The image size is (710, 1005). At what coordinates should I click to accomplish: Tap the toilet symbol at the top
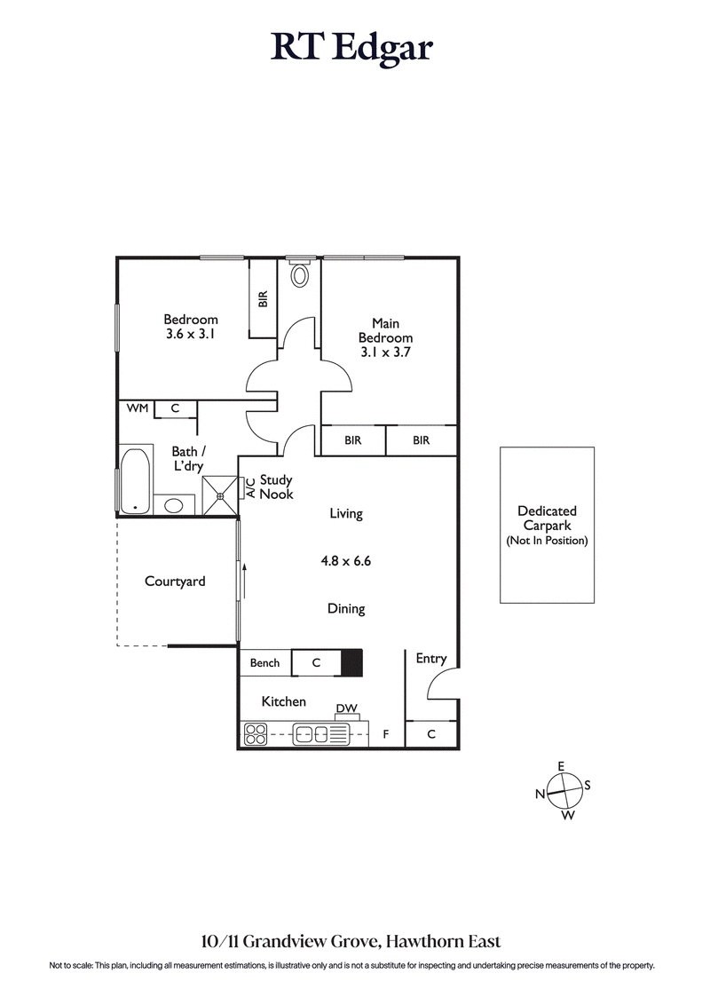point(300,274)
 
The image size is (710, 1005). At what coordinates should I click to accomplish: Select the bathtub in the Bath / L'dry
point(135,480)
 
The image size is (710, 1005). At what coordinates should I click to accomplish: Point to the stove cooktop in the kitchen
point(256,734)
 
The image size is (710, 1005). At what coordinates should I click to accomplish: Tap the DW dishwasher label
point(346,708)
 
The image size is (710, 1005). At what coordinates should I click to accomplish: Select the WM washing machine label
point(137,408)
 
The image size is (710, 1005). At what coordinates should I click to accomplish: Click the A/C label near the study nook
point(250,487)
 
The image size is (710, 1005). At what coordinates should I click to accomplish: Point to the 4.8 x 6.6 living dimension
point(345,561)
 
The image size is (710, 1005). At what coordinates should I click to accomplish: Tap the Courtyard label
point(175,582)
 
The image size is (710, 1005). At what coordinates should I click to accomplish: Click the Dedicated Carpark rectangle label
point(547,525)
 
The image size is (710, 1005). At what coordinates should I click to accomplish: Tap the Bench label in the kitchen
point(264,662)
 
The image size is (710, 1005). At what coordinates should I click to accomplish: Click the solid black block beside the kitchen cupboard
point(352,662)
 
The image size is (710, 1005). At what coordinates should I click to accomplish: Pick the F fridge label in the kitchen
point(385,734)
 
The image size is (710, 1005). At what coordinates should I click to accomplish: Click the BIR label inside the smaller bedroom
point(263,299)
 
